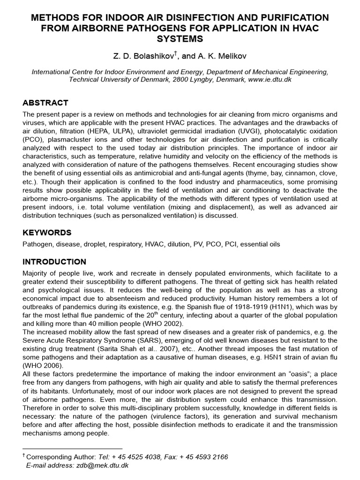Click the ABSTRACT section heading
click(x=45, y=103)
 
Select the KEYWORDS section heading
click(x=47, y=232)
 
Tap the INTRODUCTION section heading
click(x=54, y=262)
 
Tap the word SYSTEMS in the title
click(x=180, y=37)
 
